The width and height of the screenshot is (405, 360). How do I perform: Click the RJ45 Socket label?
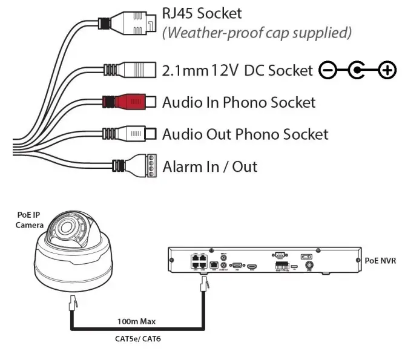tap(202, 13)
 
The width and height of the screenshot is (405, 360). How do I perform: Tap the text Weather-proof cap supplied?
tap(256, 32)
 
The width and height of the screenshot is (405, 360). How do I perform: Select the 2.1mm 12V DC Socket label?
tap(237, 71)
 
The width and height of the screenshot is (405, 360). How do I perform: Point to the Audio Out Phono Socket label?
tap(245, 134)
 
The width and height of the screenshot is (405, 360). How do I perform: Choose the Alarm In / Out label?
tap(210, 166)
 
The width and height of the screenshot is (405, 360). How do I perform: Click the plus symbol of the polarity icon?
tap(386, 71)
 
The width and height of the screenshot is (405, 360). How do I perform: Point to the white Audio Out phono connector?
tap(133, 134)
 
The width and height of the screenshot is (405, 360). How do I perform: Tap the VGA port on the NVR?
tap(237, 265)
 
